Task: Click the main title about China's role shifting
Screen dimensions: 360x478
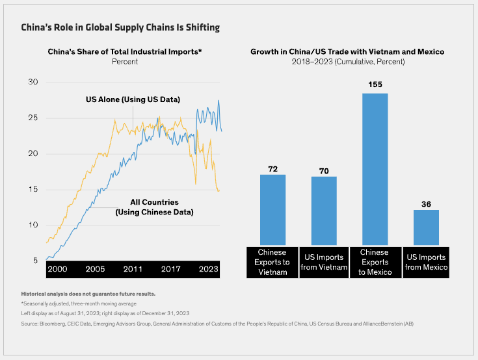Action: [120, 27]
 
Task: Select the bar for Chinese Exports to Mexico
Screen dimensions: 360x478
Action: [375, 169]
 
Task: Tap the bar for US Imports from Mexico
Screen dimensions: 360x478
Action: [426, 227]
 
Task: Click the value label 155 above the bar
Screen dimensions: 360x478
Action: [375, 84]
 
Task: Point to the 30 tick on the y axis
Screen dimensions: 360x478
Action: [33, 83]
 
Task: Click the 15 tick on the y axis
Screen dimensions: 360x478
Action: [33, 190]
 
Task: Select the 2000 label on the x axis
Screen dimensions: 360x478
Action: [57, 269]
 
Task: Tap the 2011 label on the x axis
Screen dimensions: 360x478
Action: [133, 269]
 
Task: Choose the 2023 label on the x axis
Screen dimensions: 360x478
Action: [209, 269]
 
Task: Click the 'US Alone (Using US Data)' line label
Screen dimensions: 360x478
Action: [133, 99]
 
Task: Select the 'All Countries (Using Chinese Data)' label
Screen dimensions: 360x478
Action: [154, 207]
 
